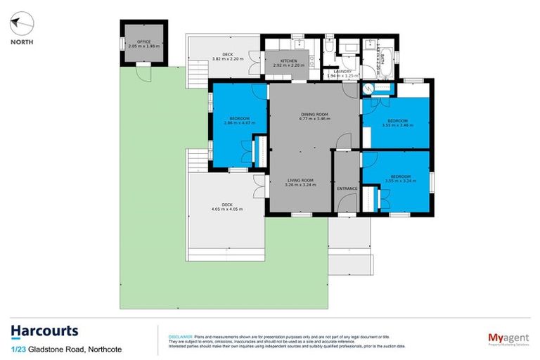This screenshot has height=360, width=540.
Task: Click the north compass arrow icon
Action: [21, 23]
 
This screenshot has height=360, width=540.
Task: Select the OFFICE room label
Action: [144, 42]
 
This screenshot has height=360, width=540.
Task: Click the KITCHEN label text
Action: [289, 61]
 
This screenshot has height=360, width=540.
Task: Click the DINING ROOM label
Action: [310, 114]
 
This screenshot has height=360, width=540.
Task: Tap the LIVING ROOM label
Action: [300, 181]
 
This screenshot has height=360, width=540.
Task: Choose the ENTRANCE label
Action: [347, 188]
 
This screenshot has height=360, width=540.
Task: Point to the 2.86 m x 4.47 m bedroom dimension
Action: [238, 123]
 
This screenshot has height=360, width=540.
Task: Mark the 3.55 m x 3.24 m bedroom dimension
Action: [401, 181]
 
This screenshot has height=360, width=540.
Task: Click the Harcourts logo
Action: [44, 330]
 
